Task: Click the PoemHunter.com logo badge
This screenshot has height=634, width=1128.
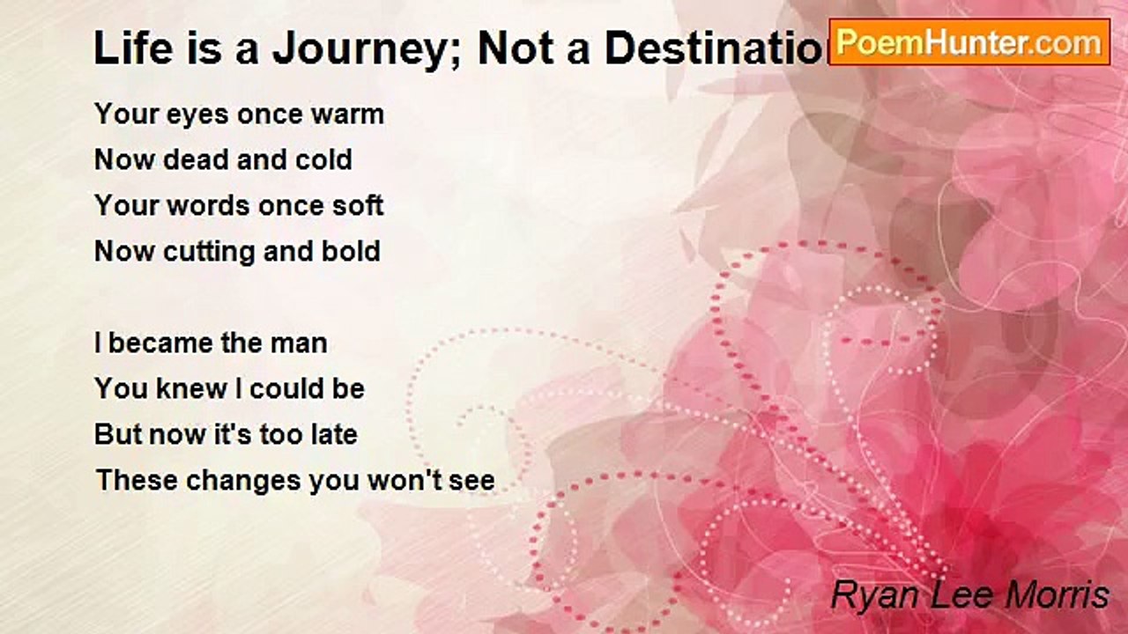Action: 969,41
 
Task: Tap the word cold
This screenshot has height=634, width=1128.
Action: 321,160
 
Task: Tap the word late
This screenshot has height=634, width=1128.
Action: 331,435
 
